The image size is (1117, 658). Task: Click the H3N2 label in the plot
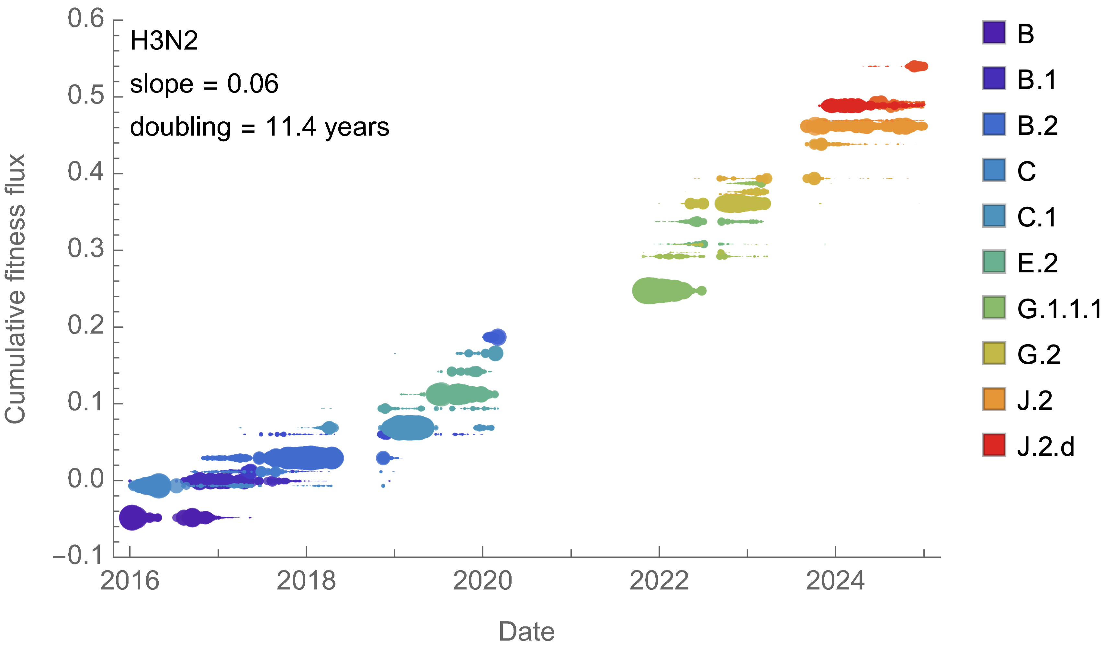tap(164, 41)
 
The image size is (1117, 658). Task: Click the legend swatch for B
tap(994, 33)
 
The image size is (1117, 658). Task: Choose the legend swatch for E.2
tap(994, 262)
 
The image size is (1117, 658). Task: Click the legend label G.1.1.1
tap(1059, 309)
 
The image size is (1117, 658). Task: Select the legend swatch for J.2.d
tap(994, 445)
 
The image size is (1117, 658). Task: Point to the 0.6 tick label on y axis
tap(86, 19)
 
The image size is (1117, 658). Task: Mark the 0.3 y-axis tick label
tap(86, 249)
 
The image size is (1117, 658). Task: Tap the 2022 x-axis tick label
tap(659, 581)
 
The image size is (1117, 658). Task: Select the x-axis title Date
tap(526, 631)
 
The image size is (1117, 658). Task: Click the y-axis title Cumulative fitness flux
tap(15, 288)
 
